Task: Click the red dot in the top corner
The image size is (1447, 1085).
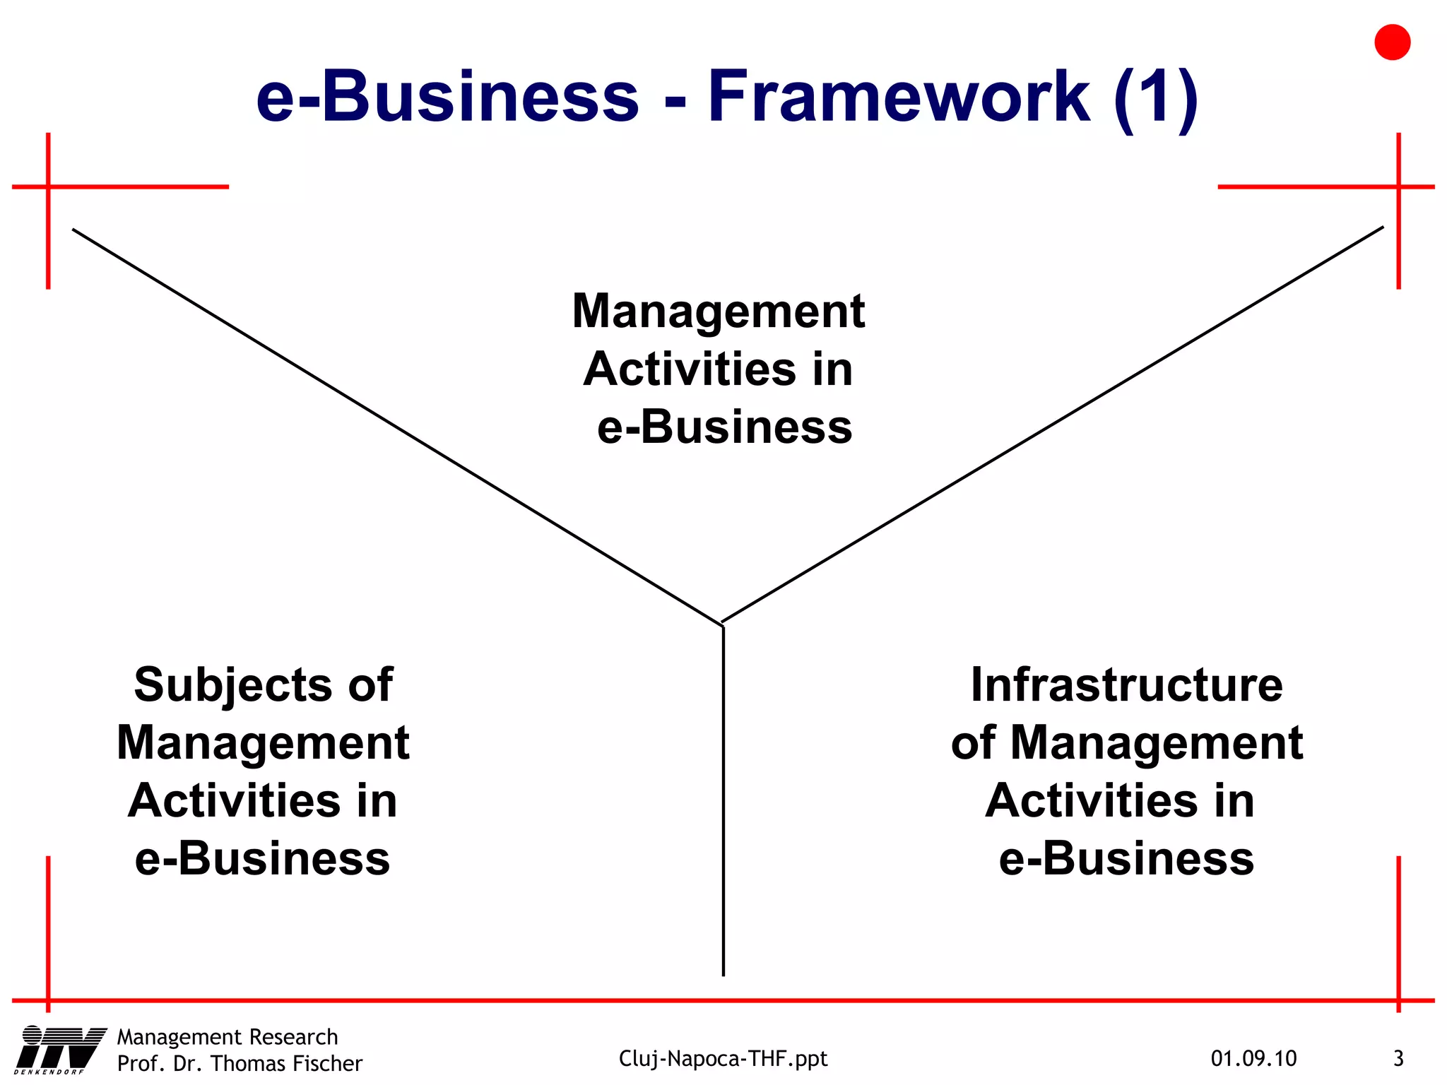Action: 1392,42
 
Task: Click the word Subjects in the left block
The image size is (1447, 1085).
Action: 232,684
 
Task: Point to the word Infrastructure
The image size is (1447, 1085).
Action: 1126,684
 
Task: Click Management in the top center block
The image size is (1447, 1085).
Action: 719,311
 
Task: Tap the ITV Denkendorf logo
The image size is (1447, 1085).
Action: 60,1050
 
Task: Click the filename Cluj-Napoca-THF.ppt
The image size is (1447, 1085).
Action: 723,1058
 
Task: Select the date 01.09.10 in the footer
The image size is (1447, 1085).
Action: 1253,1058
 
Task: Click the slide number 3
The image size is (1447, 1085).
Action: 1398,1058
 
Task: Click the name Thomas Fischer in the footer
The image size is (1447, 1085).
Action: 286,1063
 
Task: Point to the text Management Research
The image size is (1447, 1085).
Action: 228,1037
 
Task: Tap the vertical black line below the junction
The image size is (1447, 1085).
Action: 723,798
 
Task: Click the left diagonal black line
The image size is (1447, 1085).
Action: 396,427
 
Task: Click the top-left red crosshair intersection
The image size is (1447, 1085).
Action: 48,186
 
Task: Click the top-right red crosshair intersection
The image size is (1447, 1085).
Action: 1398,186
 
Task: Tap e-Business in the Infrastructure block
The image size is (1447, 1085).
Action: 1126,859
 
